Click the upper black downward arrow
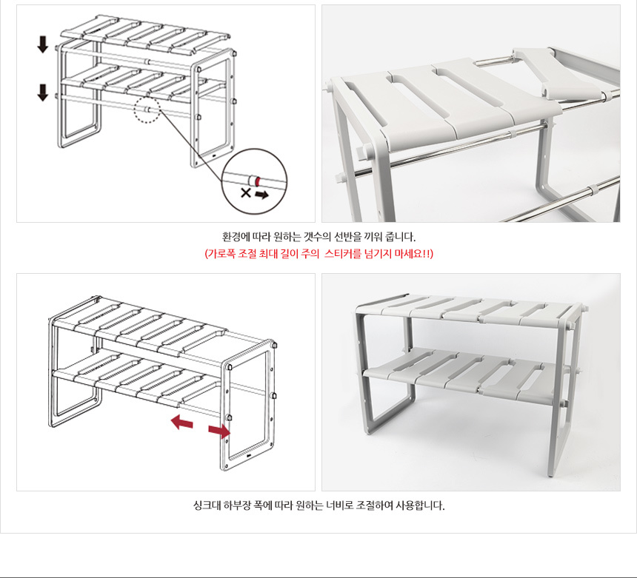pos(43,44)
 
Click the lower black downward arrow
pos(43,92)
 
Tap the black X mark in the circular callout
pos(245,192)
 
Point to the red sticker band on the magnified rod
pos(257,181)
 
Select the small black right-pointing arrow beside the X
pos(261,195)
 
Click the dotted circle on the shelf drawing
pos(147,110)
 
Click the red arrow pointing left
pos(181,423)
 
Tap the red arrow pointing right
pos(219,431)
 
